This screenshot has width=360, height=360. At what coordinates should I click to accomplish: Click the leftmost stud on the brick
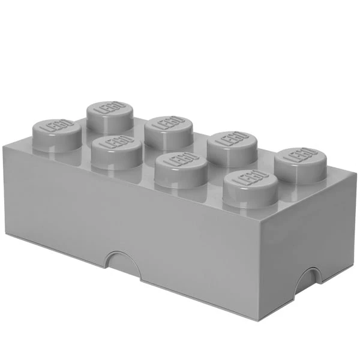click(x=57, y=136)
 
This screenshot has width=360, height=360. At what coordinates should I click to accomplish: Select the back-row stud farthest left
click(x=110, y=117)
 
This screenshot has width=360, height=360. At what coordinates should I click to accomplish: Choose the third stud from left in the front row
click(x=181, y=170)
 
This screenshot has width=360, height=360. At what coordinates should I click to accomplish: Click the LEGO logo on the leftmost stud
click(x=57, y=126)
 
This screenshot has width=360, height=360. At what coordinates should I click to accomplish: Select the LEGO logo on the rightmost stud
click(x=301, y=155)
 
